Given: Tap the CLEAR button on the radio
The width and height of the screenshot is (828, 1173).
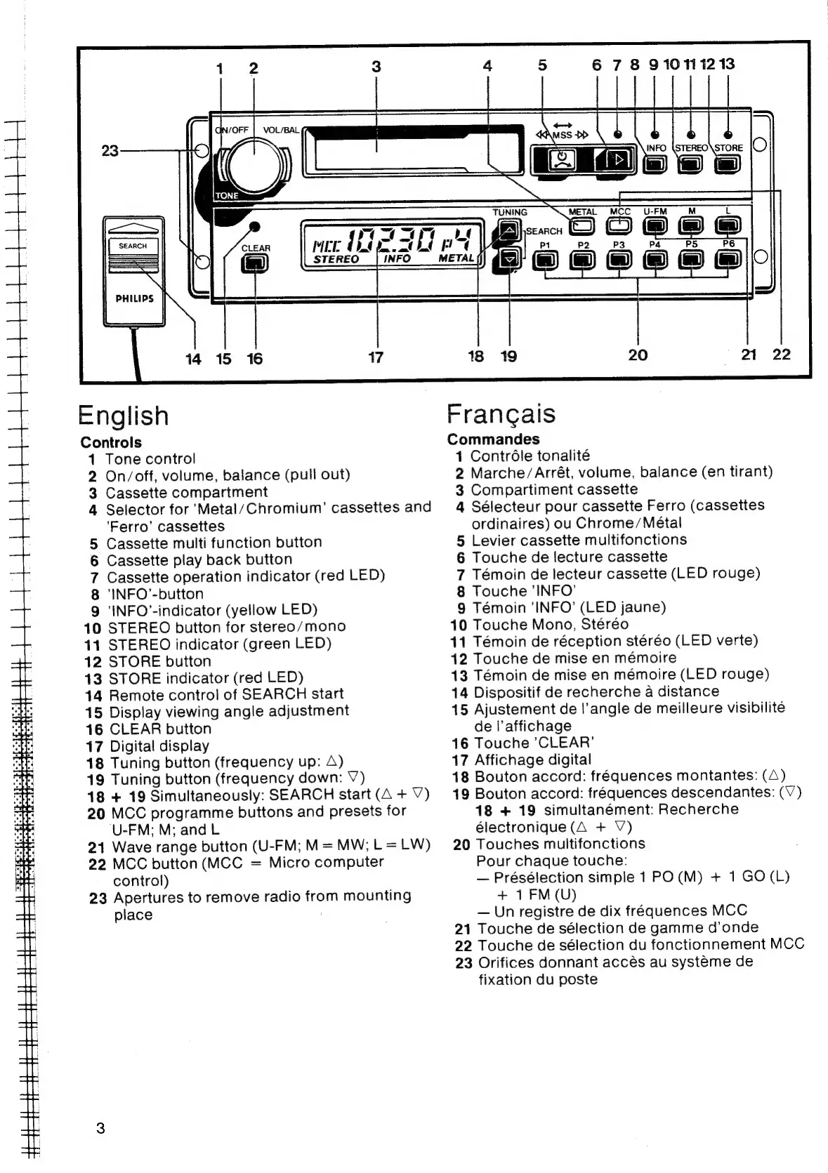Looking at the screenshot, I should (x=255, y=263).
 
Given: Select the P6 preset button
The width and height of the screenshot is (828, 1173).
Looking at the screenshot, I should (x=728, y=260).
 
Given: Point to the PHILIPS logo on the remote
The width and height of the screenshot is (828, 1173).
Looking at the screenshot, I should (x=134, y=298).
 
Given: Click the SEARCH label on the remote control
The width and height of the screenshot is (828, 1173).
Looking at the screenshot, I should (x=133, y=246).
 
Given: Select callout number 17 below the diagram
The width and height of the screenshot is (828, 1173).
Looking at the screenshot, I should (x=376, y=357).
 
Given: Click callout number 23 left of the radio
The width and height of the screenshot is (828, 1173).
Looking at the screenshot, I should (x=110, y=150).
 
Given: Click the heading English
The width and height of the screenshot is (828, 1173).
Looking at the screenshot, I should (x=124, y=416).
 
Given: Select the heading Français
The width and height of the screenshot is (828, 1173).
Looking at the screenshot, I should (x=501, y=413).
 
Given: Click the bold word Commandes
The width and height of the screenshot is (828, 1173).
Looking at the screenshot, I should (x=493, y=439).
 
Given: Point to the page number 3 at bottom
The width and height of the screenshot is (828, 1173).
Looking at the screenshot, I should (x=100, y=1129).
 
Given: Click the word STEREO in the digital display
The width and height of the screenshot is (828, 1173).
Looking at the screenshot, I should (x=336, y=259).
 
